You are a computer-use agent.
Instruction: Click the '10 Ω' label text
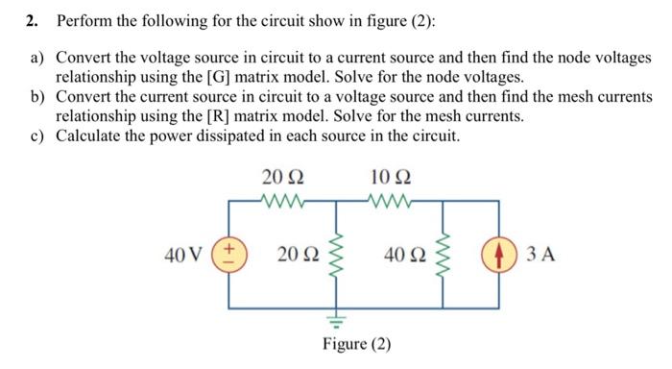[x=390, y=178]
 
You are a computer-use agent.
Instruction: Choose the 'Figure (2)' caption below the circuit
[x=356, y=344]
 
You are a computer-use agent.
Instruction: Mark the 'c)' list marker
[x=37, y=135]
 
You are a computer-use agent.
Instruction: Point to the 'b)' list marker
[x=37, y=97]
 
